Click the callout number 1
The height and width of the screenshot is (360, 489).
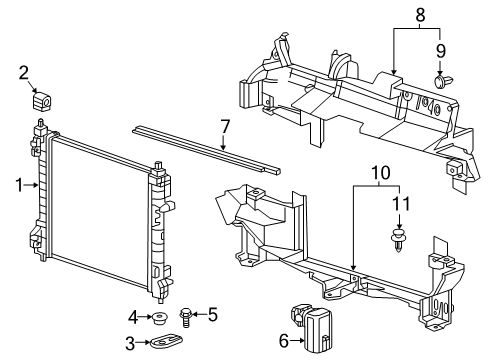coord(19,183)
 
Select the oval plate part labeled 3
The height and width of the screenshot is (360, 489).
coord(165,345)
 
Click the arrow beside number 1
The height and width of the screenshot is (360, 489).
coord(33,183)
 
